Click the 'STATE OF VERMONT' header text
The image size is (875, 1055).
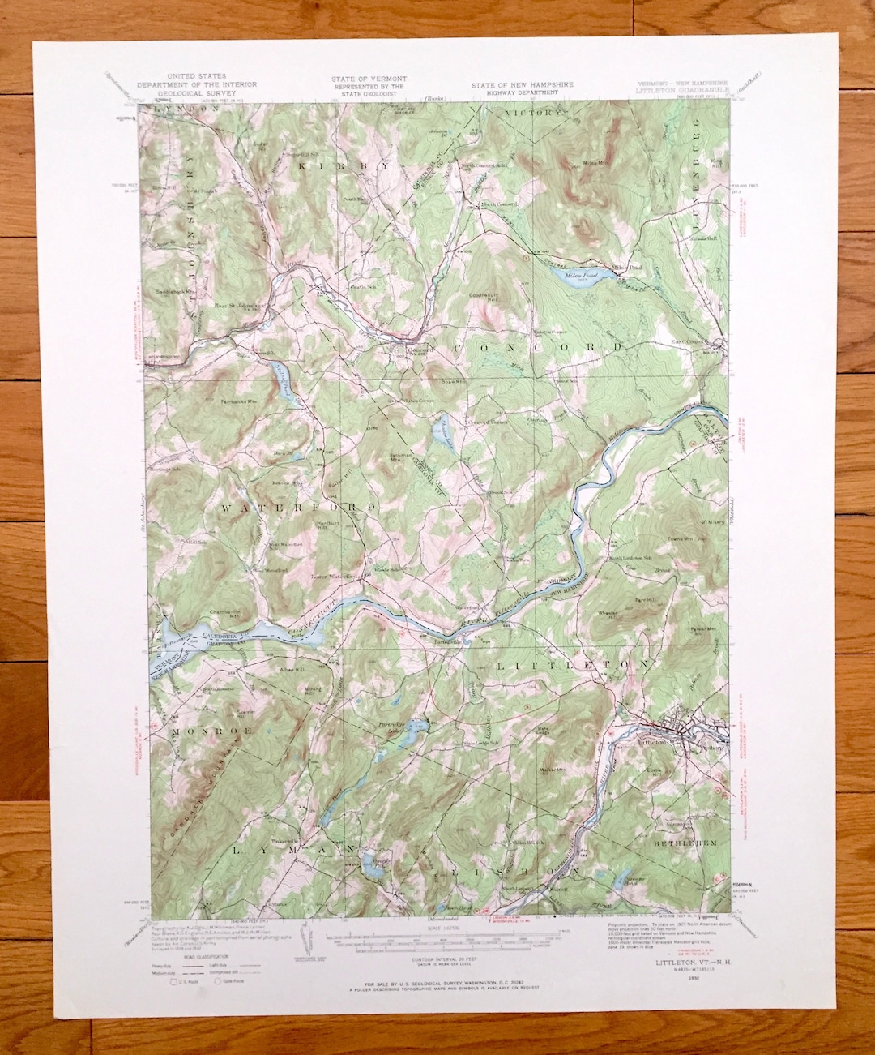coord(369,79)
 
